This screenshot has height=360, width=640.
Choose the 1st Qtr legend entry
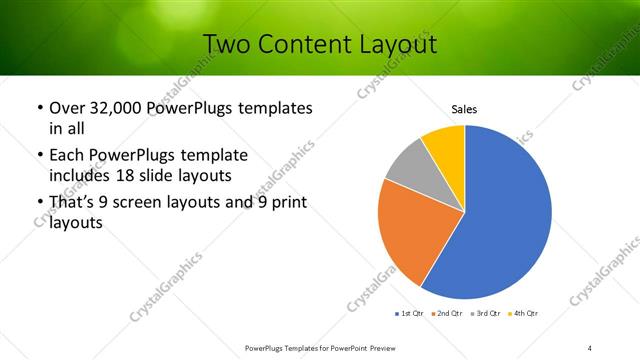point(409,314)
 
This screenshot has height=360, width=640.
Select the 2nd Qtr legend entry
point(447,314)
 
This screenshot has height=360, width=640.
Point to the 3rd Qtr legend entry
point(486,314)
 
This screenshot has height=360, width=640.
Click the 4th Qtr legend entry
point(524,314)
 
